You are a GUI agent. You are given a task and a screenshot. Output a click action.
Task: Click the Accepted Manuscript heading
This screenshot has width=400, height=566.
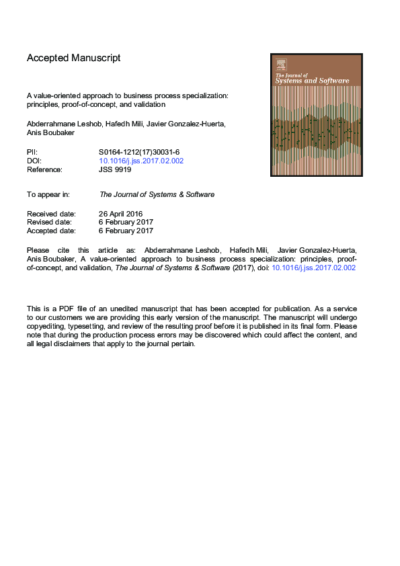pos(74,58)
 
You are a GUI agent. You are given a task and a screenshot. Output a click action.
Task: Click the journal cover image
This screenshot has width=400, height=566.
pos(316,115)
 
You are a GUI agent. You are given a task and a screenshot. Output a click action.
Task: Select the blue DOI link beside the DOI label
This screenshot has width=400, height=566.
pos(141,161)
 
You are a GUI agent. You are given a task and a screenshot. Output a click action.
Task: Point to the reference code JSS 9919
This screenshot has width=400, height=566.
pos(115,170)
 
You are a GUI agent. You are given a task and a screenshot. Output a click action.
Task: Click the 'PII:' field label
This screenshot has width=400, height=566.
pos(32,153)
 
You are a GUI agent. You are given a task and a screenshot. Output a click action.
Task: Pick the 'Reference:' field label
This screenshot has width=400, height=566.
pos(44,170)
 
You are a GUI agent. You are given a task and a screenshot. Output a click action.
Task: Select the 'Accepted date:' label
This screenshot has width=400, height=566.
pos(51,231)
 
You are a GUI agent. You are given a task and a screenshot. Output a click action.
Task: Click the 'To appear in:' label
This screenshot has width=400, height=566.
pos(48,194)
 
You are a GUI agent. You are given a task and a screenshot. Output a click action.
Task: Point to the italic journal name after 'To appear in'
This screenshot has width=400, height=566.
pos(157,194)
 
